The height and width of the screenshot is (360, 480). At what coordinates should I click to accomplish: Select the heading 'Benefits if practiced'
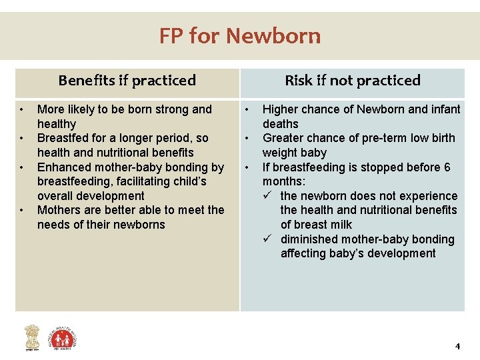point(127,81)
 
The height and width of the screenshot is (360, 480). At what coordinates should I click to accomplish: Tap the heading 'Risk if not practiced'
point(353,81)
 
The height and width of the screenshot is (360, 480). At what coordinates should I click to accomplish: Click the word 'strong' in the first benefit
point(173,109)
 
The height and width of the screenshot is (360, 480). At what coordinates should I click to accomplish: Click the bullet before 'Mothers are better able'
point(22,210)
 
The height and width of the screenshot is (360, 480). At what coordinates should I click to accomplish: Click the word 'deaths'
point(281,124)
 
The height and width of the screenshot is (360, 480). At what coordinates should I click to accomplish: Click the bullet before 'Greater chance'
point(247,138)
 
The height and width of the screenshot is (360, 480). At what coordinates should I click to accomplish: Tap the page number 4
point(457,346)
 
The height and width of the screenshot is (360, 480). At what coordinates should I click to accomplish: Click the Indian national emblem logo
point(31,338)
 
